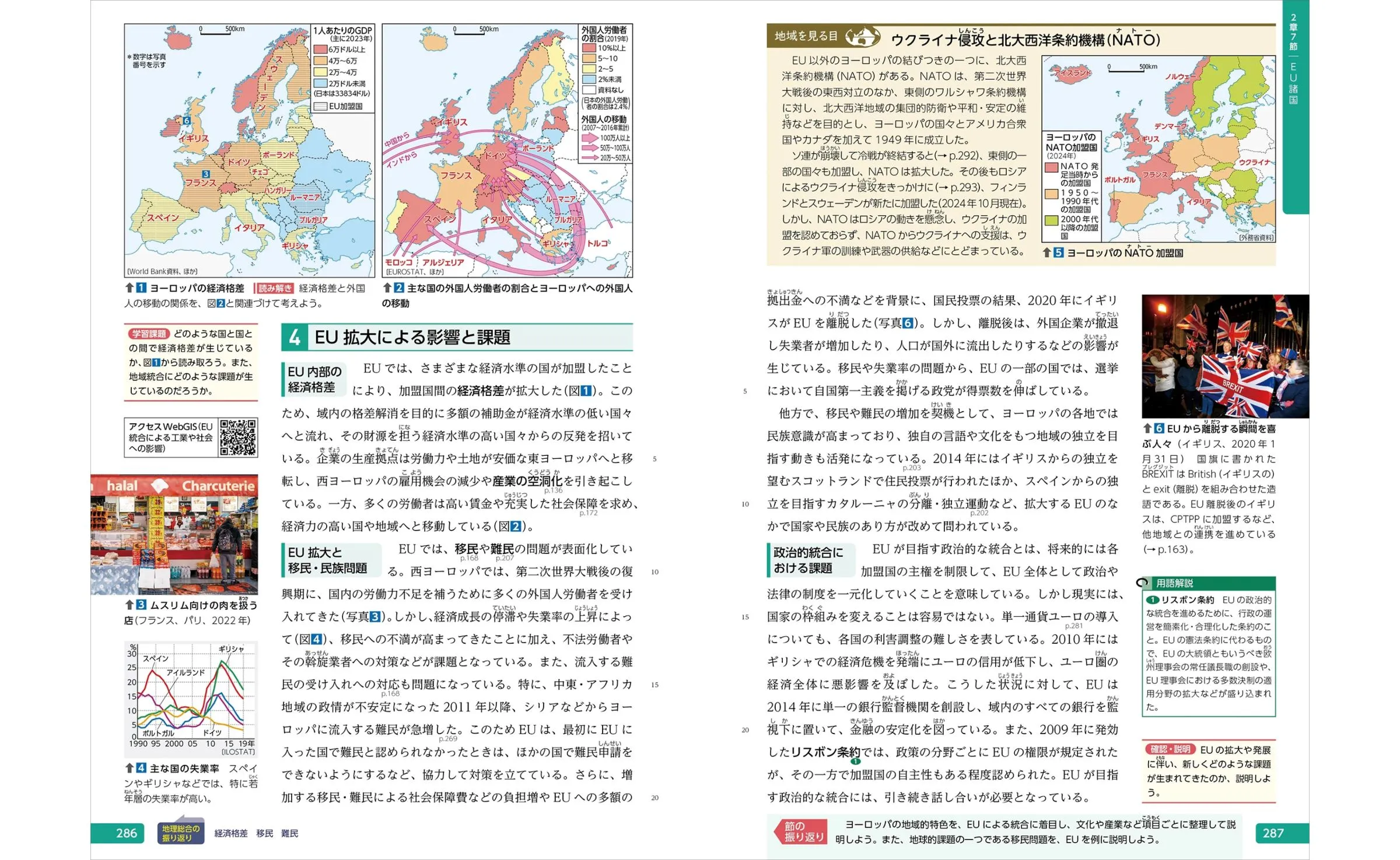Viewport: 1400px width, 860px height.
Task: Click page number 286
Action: tap(126, 833)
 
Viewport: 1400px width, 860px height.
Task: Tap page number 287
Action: tap(1273, 833)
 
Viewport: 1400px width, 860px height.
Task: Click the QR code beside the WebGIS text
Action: tap(238, 437)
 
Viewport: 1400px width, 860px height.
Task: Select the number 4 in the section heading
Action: tap(295, 338)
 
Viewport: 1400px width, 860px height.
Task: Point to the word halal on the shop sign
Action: tap(122, 486)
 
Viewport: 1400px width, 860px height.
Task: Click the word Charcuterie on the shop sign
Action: tap(218, 486)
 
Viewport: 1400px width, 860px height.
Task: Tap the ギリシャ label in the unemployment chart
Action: tap(231, 649)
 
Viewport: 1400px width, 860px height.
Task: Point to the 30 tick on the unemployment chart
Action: tap(132, 654)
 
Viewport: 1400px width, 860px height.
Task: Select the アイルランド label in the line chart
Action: tap(185, 672)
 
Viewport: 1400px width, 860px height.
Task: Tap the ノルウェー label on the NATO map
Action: tap(1180, 77)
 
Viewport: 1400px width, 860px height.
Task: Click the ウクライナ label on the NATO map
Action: tap(1254, 163)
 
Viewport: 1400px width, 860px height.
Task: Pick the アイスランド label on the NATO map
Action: tap(1072, 73)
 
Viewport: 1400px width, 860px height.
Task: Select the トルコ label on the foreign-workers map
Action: tap(597, 243)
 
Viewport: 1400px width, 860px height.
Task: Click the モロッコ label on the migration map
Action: tap(399, 262)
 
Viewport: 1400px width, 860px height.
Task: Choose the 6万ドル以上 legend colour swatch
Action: tap(320, 50)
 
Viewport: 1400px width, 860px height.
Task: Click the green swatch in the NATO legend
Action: tap(1051, 221)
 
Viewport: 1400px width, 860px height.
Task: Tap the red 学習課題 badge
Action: tap(149, 334)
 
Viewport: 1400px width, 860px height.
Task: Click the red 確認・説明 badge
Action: tap(1170, 749)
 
